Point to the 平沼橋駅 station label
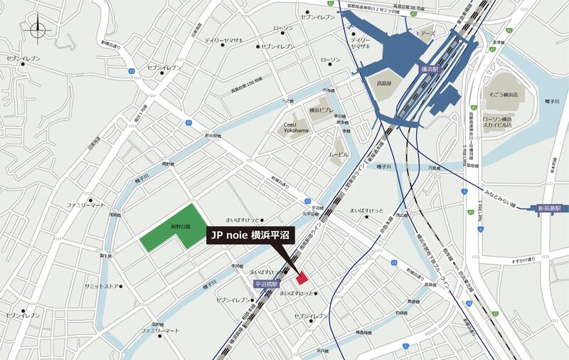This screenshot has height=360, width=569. tap(265, 284)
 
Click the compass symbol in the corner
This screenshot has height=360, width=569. tap(37, 30)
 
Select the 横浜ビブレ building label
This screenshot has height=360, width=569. tap(319, 110)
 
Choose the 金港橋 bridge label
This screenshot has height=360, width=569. tap(498, 42)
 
